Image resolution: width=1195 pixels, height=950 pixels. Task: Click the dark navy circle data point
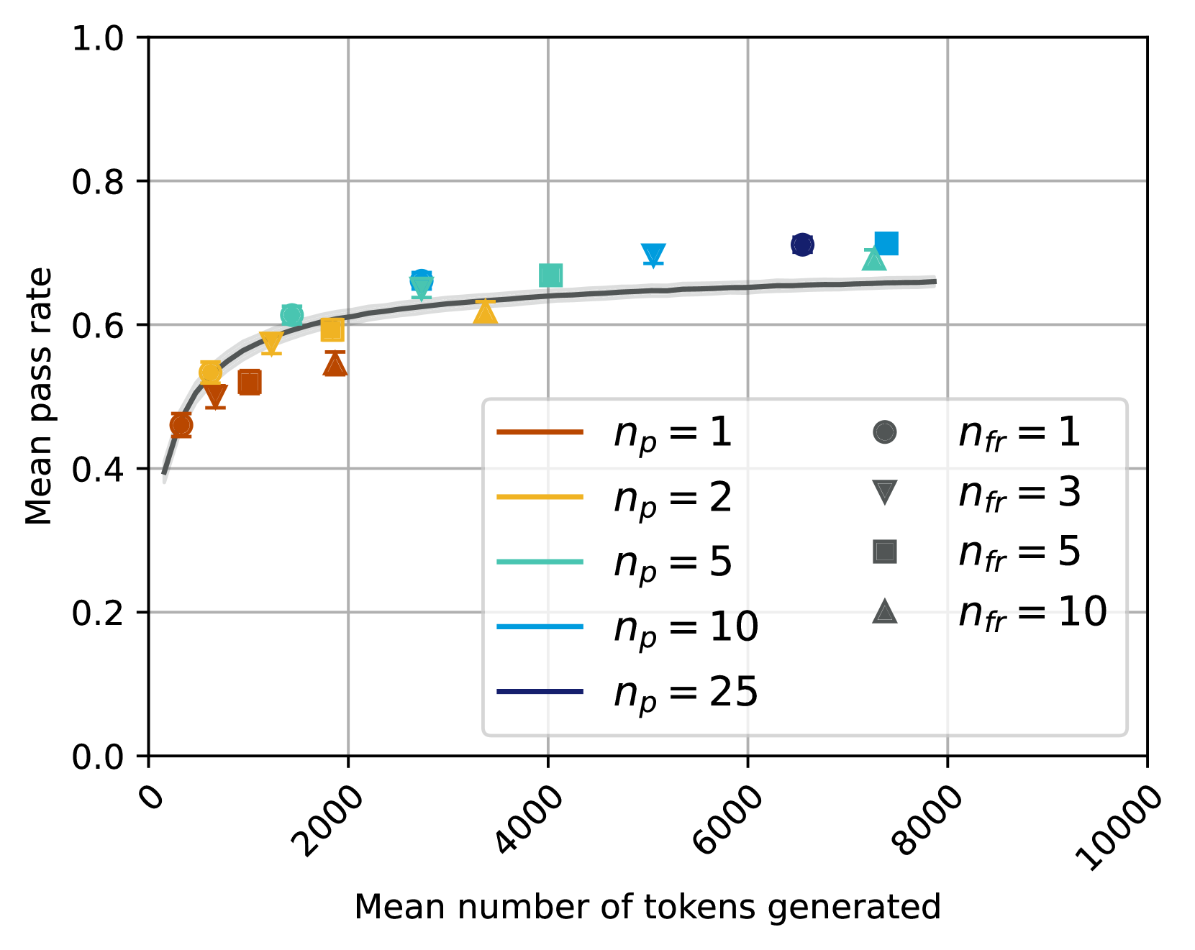[x=802, y=245]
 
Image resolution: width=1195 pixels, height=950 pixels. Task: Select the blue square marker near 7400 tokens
[x=886, y=243]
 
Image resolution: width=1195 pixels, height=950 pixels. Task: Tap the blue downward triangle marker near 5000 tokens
[x=653, y=254]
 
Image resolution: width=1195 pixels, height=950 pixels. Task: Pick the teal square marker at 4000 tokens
[x=550, y=275]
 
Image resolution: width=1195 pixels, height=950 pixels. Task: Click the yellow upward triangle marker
[x=486, y=313]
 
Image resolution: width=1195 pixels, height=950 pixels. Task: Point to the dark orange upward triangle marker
[x=335, y=365]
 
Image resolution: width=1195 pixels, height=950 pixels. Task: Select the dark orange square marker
[x=249, y=382]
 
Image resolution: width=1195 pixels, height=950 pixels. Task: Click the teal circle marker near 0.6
[x=291, y=314]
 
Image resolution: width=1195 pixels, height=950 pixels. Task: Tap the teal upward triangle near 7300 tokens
[x=873, y=260]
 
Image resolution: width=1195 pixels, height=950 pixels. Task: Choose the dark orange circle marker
[x=181, y=425]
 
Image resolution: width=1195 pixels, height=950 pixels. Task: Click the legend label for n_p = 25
[x=686, y=693]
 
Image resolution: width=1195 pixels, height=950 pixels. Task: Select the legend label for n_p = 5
[x=673, y=562]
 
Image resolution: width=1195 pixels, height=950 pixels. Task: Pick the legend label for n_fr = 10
[x=1032, y=613]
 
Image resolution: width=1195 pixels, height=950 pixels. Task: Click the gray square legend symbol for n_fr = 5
[x=884, y=552]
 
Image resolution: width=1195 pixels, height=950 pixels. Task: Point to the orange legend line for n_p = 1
[x=540, y=432]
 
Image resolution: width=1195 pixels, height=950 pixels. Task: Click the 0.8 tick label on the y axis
[x=98, y=182]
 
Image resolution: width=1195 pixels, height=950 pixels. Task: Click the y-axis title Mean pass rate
[x=40, y=396]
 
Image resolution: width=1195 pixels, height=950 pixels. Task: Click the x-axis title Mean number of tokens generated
[x=648, y=908]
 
